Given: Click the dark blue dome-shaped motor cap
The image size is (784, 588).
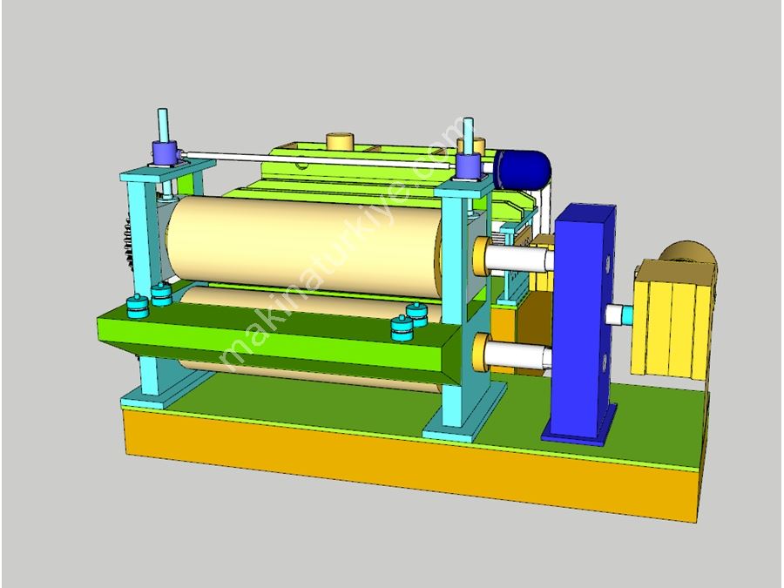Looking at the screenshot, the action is pos(523,170).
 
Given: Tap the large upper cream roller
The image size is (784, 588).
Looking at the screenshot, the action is pos(305,246).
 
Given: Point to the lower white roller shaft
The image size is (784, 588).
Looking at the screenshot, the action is pos(518,355).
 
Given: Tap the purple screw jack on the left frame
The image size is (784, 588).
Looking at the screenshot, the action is pos(165,153).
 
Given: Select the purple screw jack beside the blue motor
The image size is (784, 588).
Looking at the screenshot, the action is pos(469,166).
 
